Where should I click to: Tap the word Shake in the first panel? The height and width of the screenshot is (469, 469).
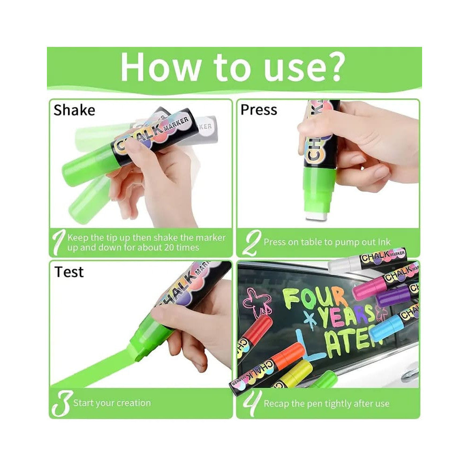pos(74,110)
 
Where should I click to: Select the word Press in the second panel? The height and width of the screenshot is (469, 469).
pos(259,110)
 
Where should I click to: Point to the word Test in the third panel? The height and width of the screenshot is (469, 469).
pos(69,272)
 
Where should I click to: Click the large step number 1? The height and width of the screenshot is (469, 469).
pos(59,242)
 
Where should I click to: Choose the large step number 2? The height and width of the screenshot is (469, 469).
pos(251,242)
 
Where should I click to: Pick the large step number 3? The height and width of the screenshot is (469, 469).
pos(61,403)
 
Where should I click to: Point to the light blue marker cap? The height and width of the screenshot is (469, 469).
pos(385,328)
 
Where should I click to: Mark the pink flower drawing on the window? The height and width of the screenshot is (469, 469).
pos(257,302)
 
